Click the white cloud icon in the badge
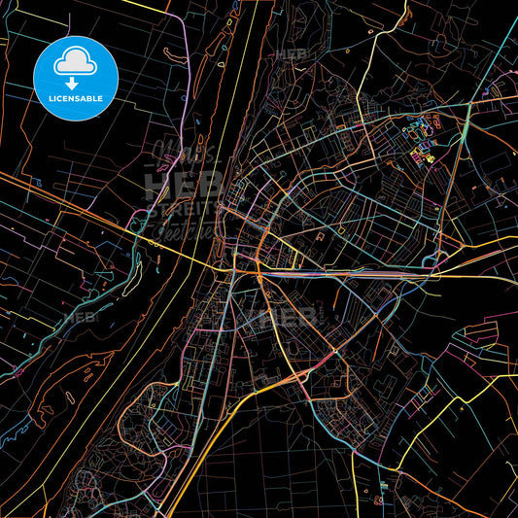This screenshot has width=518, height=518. [x=76, y=61]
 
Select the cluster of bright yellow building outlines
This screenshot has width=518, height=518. [x=428, y=155]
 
